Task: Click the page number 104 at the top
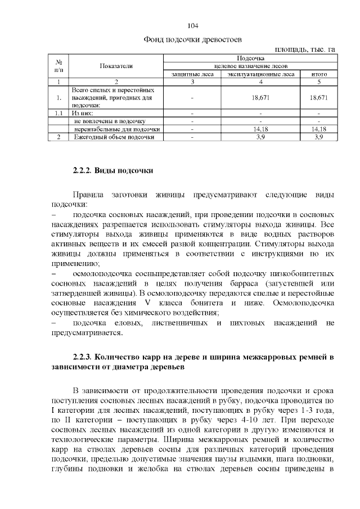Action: tap(193, 26)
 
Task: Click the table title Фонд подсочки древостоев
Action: tap(193, 40)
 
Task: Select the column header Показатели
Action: tap(116, 66)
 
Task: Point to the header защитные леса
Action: tap(192, 74)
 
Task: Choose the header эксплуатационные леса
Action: tap(261, 74)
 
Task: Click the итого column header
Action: tap(318, 74)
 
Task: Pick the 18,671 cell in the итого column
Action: tap(318, 97)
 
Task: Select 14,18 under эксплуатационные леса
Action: tap(261, 129)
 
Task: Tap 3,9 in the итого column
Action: tap(318, 137)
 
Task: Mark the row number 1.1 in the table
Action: tap(58, 113)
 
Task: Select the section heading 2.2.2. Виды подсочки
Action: tap(112, 170)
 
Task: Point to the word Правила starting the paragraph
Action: tap(91, 195)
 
